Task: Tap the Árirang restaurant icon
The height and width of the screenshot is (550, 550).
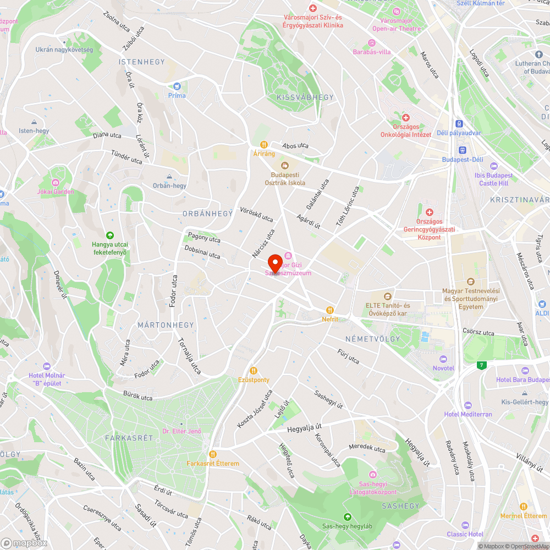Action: point(264,145)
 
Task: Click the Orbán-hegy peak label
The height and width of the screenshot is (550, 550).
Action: point(169,185)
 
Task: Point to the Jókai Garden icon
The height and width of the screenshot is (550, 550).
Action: point(55,183)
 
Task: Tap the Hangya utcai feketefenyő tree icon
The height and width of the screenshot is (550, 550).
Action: point(110,235)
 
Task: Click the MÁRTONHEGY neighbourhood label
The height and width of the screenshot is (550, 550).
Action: point(166,325)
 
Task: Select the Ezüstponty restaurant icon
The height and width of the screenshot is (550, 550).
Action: point(254,371)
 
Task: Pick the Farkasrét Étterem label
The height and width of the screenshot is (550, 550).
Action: point(213,463)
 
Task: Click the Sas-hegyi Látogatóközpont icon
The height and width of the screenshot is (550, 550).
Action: point(373,475)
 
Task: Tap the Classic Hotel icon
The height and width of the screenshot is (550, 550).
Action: point(465,525)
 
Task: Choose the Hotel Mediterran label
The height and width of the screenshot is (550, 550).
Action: point(468,414)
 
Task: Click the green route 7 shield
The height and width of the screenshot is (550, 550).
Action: point(482,365)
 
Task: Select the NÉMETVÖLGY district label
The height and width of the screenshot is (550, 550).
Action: point(373,339)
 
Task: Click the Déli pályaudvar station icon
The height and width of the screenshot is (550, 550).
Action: point(458,124)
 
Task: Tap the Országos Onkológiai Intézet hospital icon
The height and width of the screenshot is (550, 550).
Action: point(406,118)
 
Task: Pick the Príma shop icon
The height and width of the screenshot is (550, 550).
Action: point(177,86)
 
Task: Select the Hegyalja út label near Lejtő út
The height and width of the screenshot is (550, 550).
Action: point(304,428)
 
